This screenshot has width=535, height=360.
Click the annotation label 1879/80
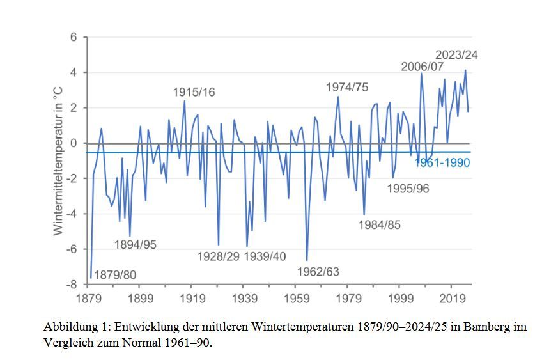115,275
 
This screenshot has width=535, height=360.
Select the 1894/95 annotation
136,244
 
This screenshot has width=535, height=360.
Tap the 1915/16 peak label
194,93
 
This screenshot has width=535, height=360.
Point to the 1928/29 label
218,257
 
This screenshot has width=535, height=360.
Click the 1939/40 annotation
266,257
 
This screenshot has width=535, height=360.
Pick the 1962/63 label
318,271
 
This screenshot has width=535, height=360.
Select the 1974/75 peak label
347,87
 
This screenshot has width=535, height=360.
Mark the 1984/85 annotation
380,224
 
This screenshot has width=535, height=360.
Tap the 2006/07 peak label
423,67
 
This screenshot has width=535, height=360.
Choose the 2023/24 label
456,55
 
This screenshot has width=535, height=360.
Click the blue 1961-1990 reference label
442,163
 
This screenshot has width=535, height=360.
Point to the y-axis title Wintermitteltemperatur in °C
58,160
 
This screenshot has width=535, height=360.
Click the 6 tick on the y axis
74,37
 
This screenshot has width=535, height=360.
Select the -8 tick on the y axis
72,285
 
